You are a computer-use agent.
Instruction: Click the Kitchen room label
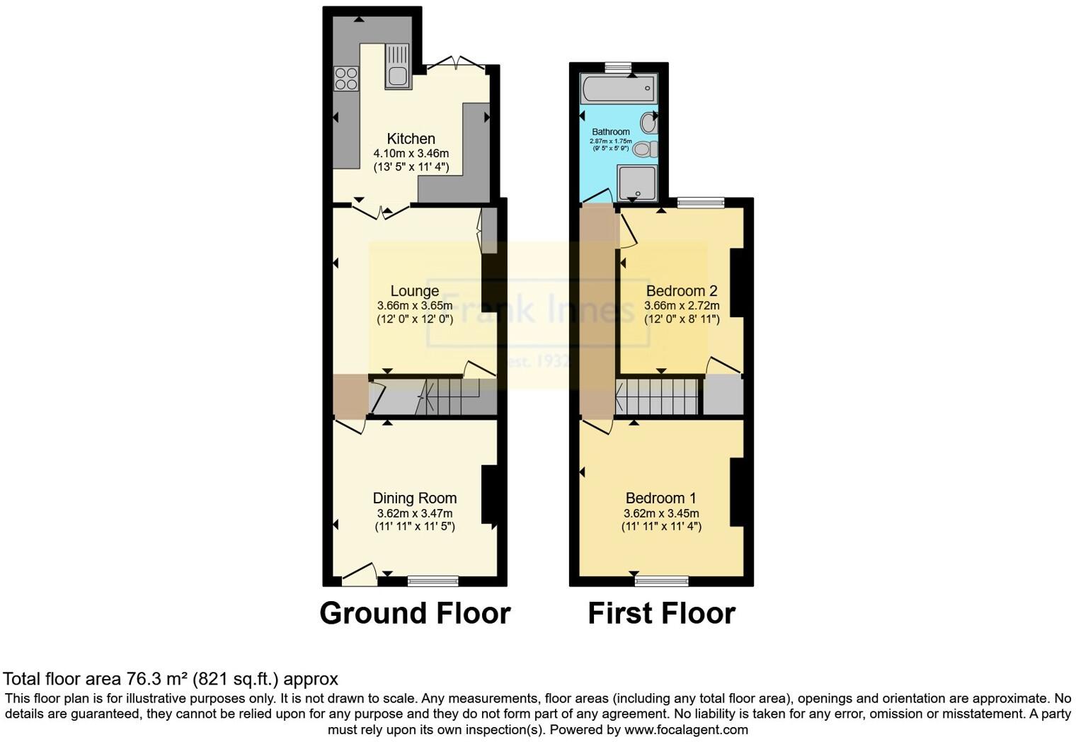(411, 139)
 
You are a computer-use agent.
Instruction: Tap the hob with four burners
(346, 78)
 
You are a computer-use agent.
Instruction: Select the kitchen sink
(398, 67)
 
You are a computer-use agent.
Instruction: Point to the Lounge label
(415, 291)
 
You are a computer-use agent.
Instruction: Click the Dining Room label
(415, 498)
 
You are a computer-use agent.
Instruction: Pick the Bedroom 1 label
(661, 498)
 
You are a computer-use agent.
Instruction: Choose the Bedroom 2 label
(682, 291)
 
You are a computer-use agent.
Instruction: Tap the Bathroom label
(610, 132)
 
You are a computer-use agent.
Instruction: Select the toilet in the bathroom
(645, 149)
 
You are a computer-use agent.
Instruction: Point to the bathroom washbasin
(648, 123)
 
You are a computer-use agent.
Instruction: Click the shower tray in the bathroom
(636, 182)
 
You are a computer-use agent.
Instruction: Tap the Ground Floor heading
(415, 613)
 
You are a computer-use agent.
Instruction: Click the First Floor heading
(661, 613)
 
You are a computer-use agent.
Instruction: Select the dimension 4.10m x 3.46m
(411, 153)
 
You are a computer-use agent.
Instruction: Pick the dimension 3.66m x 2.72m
(682, 306)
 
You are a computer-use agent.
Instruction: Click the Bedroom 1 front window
(661, 581)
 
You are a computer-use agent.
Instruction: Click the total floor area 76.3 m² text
(171, 679)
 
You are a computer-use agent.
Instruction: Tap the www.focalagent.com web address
(685, 729)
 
